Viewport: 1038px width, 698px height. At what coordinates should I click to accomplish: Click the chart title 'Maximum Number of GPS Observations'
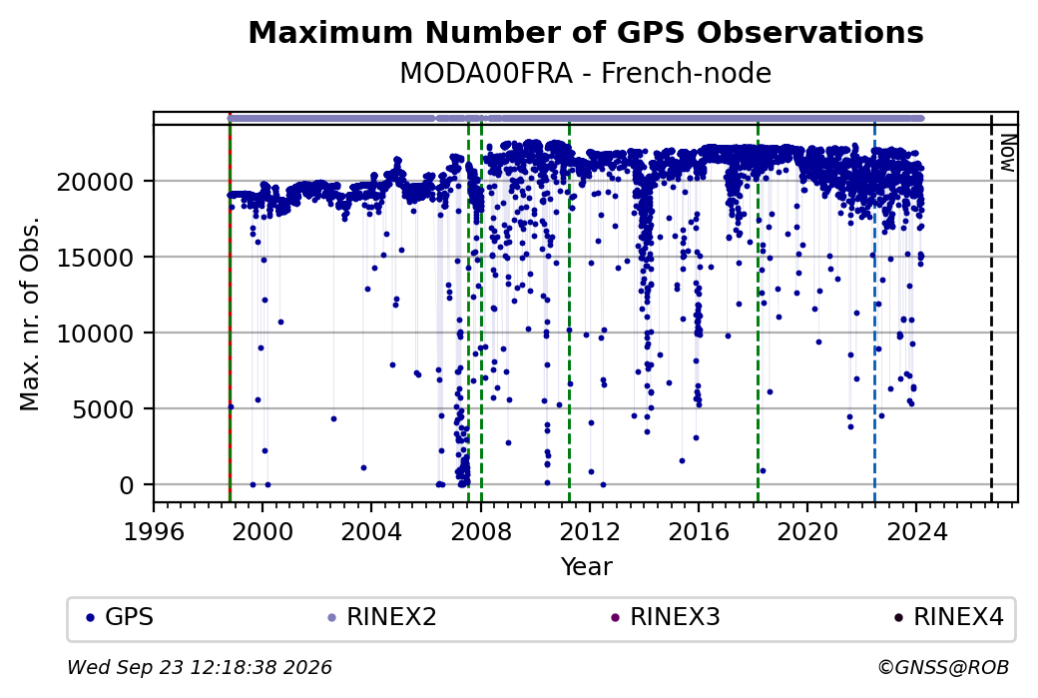(586, 32)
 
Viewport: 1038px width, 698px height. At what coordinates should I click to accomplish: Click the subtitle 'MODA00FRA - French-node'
(586, 73)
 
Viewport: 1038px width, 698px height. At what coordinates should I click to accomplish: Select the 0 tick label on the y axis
(127, 485)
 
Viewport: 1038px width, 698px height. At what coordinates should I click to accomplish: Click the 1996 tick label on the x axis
(155, 531)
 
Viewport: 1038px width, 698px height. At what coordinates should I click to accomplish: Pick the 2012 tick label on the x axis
(590, 531)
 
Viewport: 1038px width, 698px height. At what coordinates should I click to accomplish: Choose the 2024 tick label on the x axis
(916, 531)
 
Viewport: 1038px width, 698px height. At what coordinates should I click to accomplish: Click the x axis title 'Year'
(587, 567)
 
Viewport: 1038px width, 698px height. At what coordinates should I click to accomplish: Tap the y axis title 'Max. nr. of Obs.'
(31, 313)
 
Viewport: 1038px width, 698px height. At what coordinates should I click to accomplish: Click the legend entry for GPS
(120, 617)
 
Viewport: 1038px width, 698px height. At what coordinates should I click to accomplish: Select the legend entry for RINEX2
(382, 617)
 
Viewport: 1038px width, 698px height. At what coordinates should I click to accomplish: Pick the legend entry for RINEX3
(666, 617)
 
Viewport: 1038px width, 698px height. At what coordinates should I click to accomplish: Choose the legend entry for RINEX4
(949, 617)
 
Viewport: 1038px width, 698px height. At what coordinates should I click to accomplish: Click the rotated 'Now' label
(1007, 153)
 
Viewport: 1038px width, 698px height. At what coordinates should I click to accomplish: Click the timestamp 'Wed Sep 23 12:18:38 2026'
(200, 667)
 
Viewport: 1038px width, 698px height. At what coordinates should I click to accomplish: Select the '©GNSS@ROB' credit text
(943, 667)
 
